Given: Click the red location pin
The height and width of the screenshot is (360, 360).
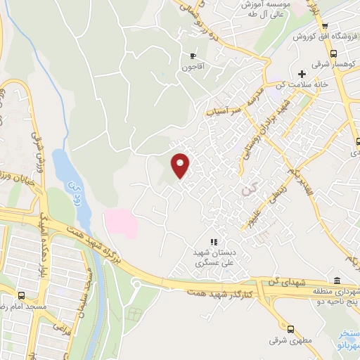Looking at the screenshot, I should tap(181, 165).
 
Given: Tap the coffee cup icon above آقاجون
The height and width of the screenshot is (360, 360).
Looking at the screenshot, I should tap(192, 56).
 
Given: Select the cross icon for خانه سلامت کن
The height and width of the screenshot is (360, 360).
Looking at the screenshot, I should tap(302, 74).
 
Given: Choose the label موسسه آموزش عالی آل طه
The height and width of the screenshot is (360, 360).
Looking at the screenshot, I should tap(264, 8).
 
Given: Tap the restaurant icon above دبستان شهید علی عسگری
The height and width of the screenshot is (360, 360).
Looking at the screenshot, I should tap(213, 241).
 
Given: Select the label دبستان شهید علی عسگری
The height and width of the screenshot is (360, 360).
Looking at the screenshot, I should tap(213, 256).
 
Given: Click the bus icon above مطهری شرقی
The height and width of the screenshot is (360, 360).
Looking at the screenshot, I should tap(290, 328).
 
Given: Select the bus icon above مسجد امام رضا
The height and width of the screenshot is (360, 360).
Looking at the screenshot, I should tap(21, 296).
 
